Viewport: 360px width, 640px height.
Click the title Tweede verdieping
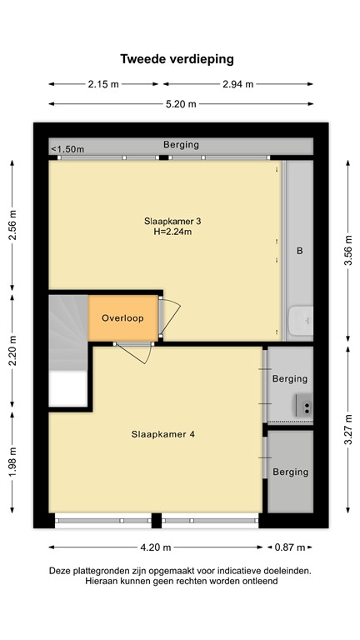coord(177,59)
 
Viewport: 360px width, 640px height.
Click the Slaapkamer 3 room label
coord(172,221)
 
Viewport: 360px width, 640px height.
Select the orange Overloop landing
coord(122,318)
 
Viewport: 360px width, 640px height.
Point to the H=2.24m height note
coord(172,232)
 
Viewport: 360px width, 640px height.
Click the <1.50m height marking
coord(67,149)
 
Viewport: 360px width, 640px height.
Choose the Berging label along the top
coord(181,144)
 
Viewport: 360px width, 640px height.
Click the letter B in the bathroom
coord(299,250)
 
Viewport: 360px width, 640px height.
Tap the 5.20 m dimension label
coord(181,104)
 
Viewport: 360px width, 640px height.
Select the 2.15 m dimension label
coord(104,84)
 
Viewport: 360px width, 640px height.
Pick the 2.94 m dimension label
coord(238,84)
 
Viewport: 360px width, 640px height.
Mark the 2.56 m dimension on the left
coord(12,224)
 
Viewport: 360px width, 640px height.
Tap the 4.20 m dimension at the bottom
coord(155,547)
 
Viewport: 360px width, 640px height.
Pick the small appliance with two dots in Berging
coord(306,407)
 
